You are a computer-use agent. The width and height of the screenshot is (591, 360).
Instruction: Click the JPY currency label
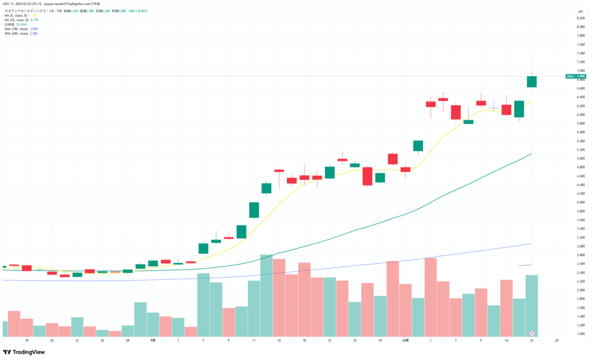tap(580, 12)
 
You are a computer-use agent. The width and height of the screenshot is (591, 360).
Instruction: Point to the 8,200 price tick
tap(580, 18)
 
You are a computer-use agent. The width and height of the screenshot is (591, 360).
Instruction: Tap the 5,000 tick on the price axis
tap(580, 159)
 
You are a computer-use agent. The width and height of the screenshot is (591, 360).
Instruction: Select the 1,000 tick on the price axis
tap(580, 333)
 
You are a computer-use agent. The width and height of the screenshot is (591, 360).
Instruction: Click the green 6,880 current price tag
tap(581, 76)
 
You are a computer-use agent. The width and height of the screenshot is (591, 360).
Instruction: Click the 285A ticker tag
tap(570, 76)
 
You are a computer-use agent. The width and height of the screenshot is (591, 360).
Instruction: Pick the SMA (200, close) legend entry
tap(16, 33)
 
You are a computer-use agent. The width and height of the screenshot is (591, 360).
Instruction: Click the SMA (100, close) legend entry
tap(16, 29)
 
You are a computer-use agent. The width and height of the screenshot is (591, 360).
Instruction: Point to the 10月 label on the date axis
tap(405, 340)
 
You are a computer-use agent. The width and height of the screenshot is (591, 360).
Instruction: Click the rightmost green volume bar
tap(531, 303)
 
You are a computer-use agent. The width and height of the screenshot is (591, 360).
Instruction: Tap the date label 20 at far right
tap(557, 340)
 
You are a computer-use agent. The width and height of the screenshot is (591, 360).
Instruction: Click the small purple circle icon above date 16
tap(531, 333)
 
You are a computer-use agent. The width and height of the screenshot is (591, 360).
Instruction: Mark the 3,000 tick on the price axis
tap(580, 246)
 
